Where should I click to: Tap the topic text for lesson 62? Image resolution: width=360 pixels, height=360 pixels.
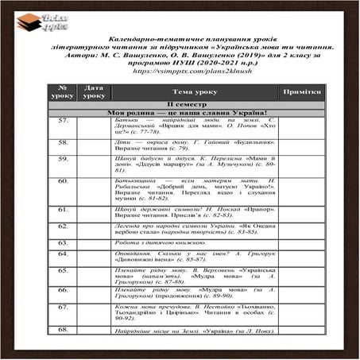(193, 229)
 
